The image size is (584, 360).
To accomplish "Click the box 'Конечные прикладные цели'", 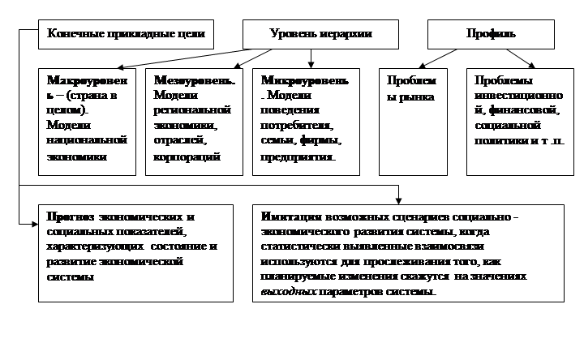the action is point(126,35).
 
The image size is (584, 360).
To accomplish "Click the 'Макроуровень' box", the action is point(87,122).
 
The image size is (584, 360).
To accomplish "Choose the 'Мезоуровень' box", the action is point(194,122).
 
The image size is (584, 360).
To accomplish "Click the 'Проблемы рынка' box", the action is point(413,122).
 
